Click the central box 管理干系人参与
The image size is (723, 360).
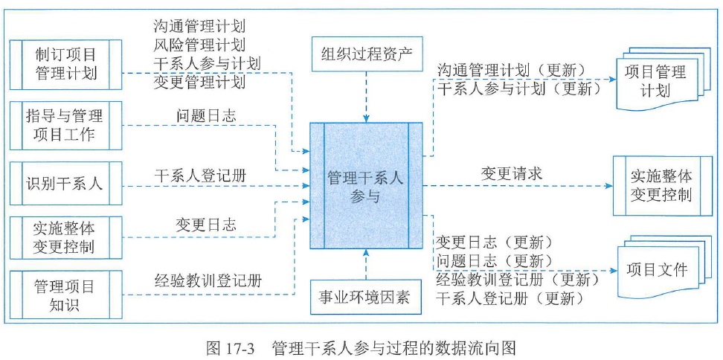pos(365,185)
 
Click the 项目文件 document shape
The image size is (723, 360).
pos(657,269)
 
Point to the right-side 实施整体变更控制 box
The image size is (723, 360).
pos(661,185)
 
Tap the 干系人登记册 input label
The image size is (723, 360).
pos(201,176)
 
